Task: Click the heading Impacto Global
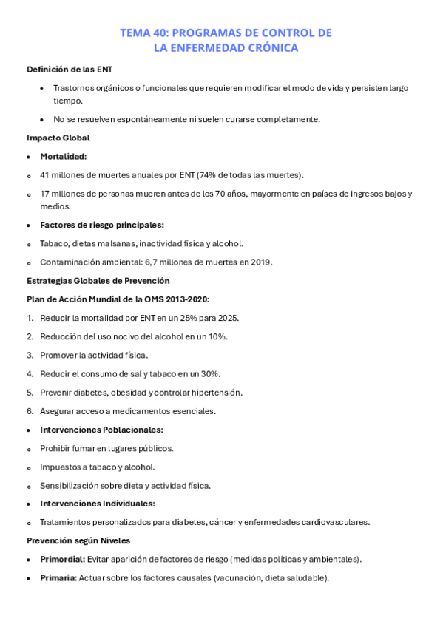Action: click(x=58, y=138)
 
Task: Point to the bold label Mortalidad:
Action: click(x=64, y=156)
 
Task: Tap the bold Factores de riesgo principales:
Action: click(x=102, y=225)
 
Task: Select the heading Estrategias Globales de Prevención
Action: click(x=98, y=280)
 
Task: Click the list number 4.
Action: click(x=30, y=374)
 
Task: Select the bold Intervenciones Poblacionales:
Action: click(x=102, y=430)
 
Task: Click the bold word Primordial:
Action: click(x=62, y=560)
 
